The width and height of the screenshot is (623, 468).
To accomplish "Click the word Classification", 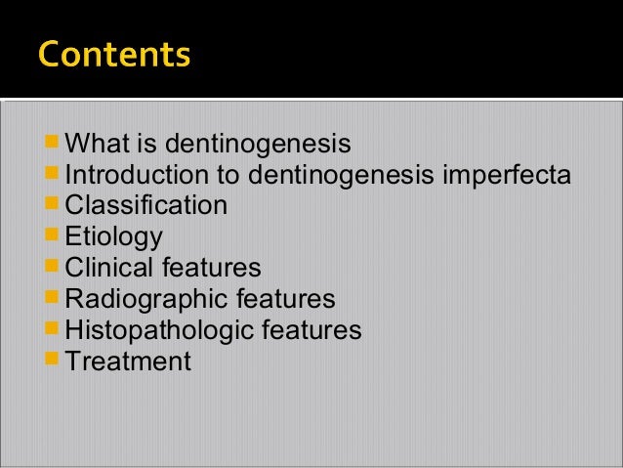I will (x=145, y=206).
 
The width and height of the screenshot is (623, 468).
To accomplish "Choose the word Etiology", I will (x=113, y=237).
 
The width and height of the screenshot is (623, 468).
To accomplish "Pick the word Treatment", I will (x=127, y=362).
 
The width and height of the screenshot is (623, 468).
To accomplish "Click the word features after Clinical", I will (x=212, y=268).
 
